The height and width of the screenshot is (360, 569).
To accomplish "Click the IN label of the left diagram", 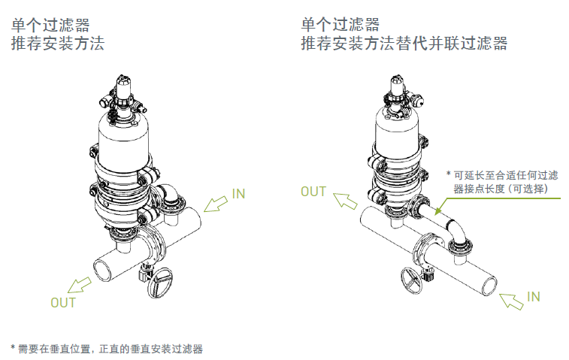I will click(x=238, y=194).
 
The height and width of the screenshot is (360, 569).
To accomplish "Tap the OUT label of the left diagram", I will click(x=63, y=303).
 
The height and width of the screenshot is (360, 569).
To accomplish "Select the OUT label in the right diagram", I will click(x=313, y=192).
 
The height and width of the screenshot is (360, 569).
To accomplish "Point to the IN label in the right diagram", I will click(x=533, y=297).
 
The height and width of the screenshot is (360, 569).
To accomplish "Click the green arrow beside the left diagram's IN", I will click(x=216, y=204).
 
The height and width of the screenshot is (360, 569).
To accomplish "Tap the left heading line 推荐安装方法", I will click(x=57, y=44).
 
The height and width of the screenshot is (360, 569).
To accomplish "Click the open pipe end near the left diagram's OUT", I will click(x=100, y=268).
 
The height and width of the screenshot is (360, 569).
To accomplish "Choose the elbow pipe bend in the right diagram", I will click(x=458, y=230).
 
